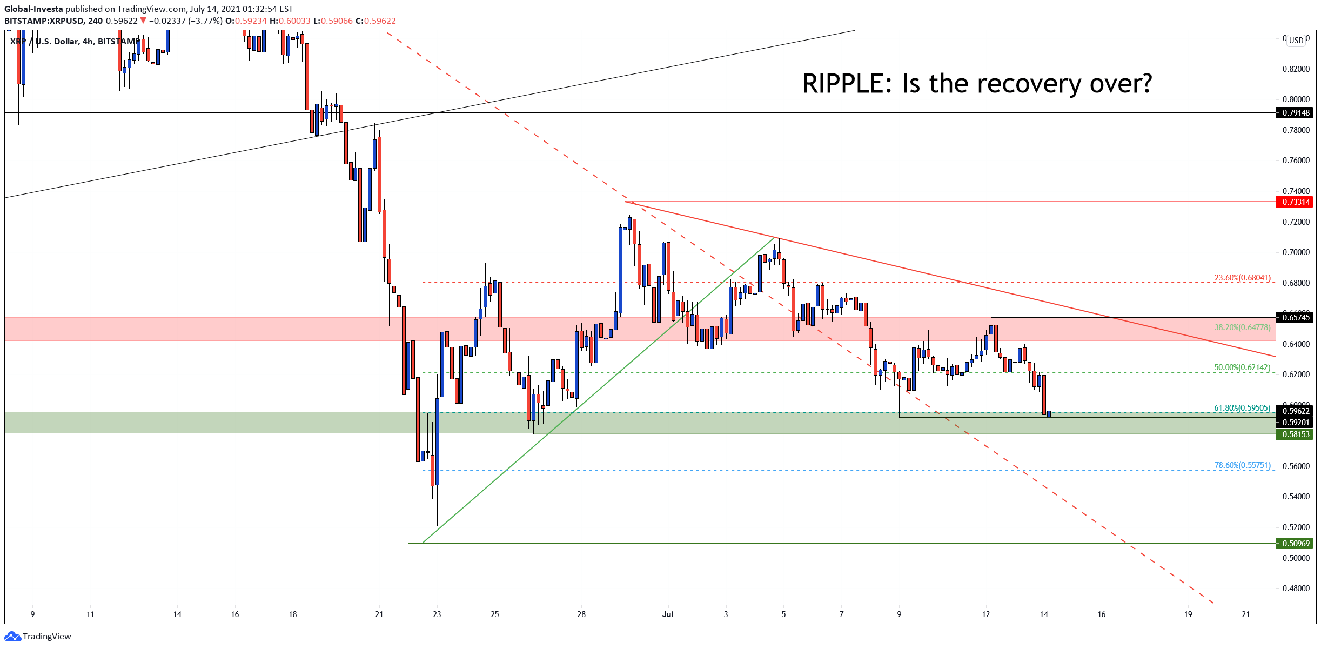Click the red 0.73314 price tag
point(1296,202)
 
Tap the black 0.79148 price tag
point(1296,113)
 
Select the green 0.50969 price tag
point(1296,544)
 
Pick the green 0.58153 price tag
point(1296,434)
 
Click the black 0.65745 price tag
point(1296,318)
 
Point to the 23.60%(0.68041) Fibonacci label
point(1242,278)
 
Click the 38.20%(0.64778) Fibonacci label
point(1242,327)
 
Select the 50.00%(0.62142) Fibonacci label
point(1242,367)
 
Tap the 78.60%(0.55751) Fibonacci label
point(1242,465)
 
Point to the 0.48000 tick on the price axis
point(1296,588)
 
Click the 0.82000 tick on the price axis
point(1296,69)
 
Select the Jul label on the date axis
point(668,614)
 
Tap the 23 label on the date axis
point(437,614)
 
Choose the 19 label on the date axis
point(1188,614)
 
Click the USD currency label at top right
point(1296,40)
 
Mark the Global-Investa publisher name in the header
point(33,9)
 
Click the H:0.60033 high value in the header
point(290,21)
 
